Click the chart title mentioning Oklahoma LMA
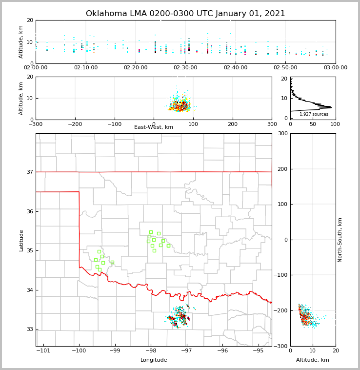(185, 14)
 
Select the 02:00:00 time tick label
(36, 67)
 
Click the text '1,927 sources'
(314, 114)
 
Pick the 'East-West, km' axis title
(154, 127)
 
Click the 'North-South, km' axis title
(340, 240)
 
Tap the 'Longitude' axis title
(154, 360)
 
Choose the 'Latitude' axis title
(21, 240)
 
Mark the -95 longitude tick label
(258, 350)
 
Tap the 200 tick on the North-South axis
(282, 169)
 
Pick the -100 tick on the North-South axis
(280, 275)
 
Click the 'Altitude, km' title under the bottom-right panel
(313, 360)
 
